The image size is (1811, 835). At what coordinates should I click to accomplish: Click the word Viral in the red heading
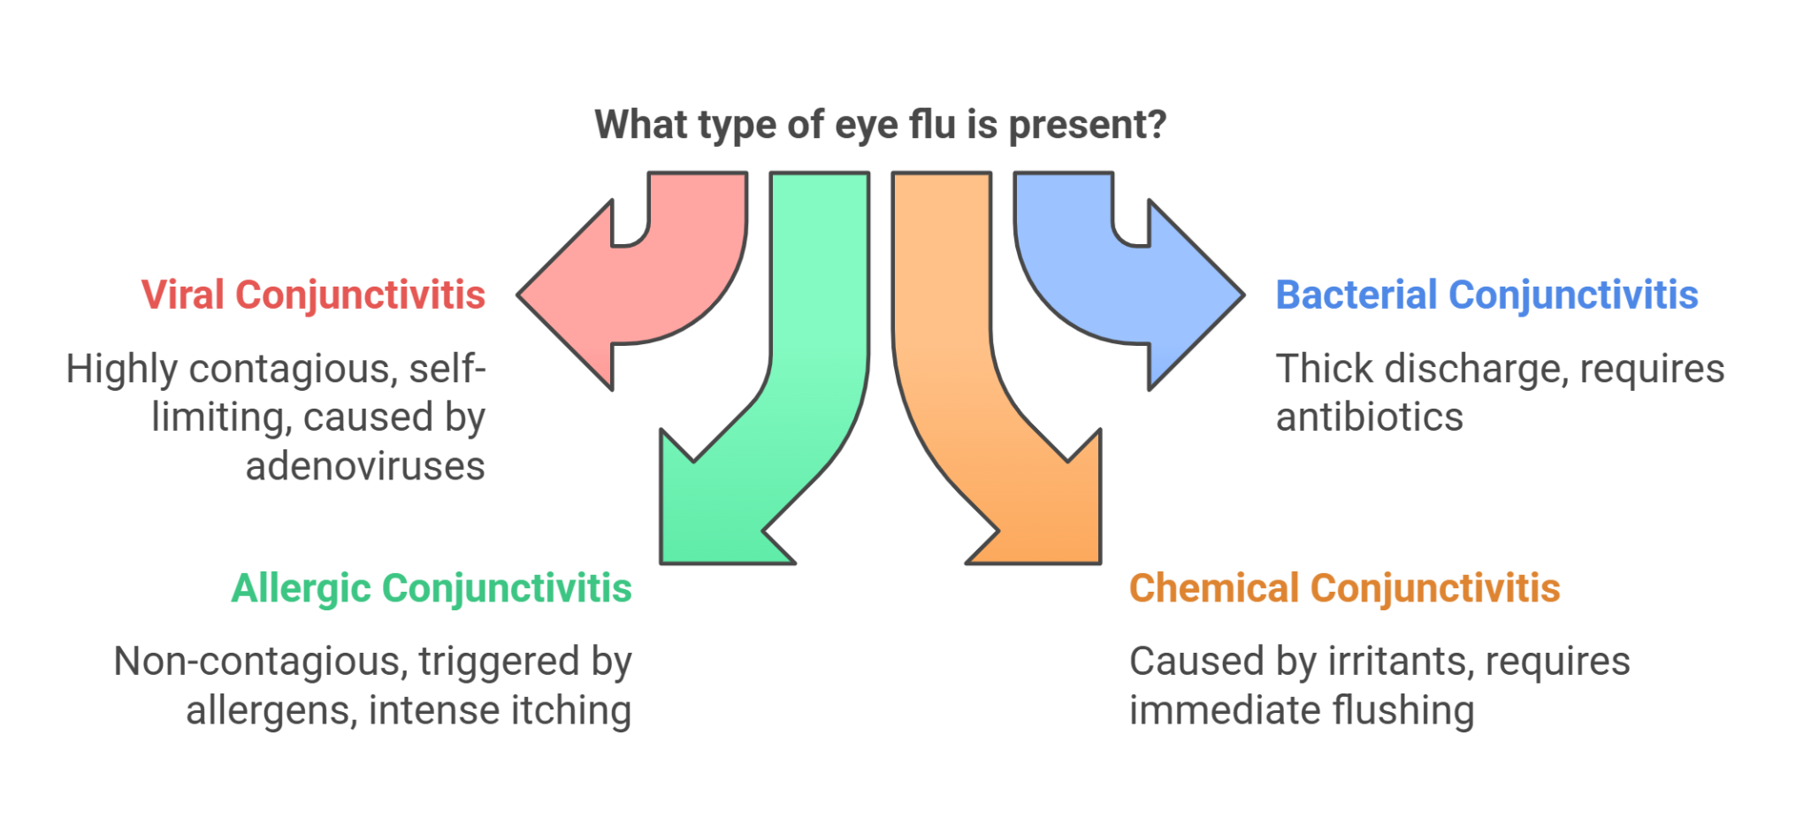[182, 295]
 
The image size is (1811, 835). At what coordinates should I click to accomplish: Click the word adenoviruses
[365, 467]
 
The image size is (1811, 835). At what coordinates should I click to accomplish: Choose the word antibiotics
[1369, 417]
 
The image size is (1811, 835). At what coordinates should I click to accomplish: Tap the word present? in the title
[1087, 126]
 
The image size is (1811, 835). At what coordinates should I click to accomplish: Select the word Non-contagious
[260, 662]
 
